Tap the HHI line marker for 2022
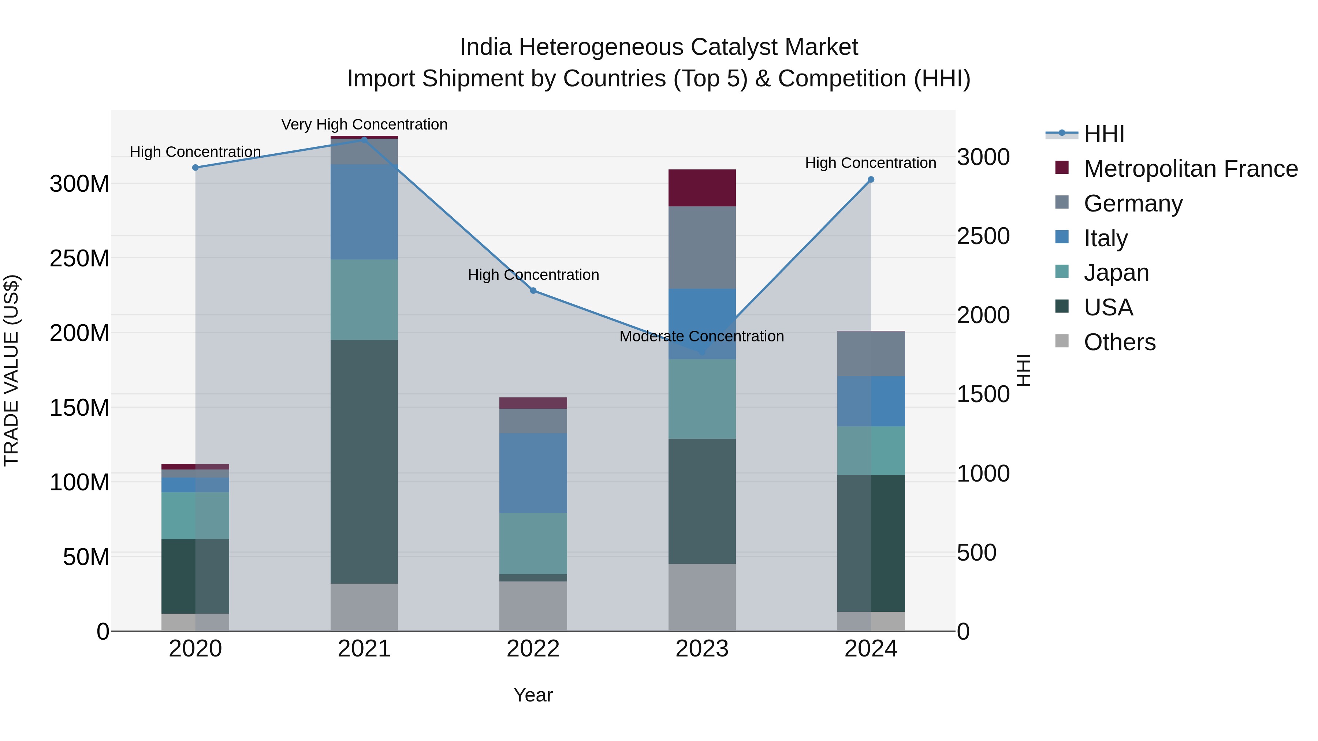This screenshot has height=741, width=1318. pyautogui.click(x=533, y=291)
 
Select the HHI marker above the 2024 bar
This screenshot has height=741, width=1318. pyautogui.click(x=871, y=180)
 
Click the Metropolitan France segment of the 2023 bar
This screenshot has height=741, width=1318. pyautogui.click(x=702, y=188)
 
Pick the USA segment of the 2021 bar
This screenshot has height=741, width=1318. pyautogui.click(x=364, y=461)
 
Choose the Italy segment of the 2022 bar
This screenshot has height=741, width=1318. pyautogui.click(x=533, y=473)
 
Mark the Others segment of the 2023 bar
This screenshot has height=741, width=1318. pyautogui.click(x=702, y=597)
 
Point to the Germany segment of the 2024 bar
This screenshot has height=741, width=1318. pyautogui.click(x=871, y=354)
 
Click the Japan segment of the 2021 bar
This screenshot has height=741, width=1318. pyautogui.click(x=364, y=300)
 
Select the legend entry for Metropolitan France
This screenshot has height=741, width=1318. pyautogui.click(x=1190, y=169)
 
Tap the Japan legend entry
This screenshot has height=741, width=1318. pyautogui.click(x=1116, y=273)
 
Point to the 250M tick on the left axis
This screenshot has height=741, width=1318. pyautogui.click(x=79, y=258)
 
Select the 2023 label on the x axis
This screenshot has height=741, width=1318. pyautogui.click(x=702, y=649)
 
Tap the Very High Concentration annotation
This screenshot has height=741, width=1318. pyautogui.click(x=364, y=125)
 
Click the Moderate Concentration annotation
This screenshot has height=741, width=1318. pyautogui.click(x=701, y=337)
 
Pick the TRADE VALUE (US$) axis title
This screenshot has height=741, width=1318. pyautogui.click(x=12, y=370)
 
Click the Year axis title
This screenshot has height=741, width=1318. pyautogui.click(x=533, y=695)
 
